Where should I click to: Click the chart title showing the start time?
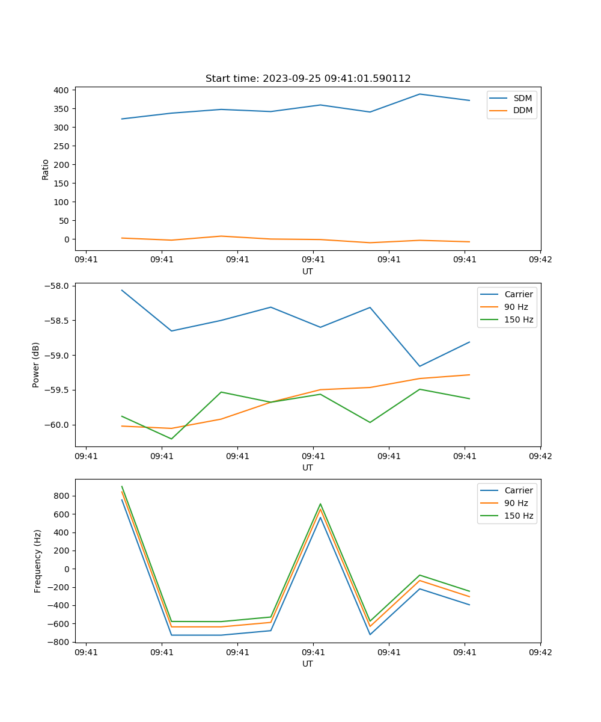308,79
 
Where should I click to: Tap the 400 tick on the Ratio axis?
61,90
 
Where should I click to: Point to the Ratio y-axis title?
46,169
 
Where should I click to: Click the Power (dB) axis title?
37,365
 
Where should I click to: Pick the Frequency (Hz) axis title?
38,561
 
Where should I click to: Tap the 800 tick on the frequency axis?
63,496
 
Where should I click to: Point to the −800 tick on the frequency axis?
59,642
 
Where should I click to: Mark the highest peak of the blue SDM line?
419,94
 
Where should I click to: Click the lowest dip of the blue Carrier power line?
419,366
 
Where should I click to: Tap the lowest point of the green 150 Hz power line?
171,439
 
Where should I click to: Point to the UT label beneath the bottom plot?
308,664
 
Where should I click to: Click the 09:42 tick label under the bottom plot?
540,652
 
